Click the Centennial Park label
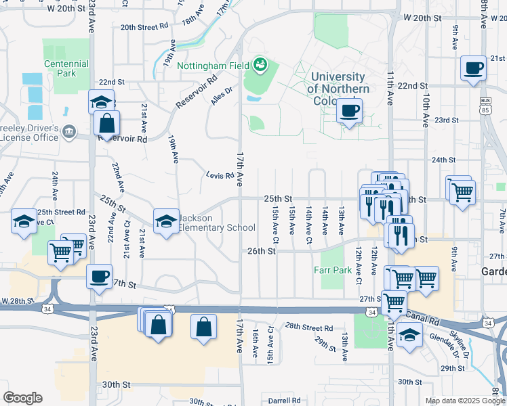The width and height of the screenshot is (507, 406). [x=66, y=68]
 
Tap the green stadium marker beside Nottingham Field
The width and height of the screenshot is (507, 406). [x=260, y=66]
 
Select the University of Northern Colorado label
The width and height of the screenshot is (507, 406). [x=338, y=89]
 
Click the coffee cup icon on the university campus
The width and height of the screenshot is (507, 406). [x=349, y=110]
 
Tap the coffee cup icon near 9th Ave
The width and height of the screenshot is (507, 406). [x=473, y=68]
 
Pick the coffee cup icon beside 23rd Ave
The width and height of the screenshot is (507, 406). [x=100, y=276]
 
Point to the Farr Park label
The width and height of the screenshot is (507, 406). [x=332, y=269]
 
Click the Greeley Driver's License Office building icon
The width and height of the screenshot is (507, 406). [x=68, y=131]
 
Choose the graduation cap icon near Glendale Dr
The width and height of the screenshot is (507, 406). [x=409, y=335]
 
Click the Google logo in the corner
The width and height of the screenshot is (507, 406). [x=23, y=397]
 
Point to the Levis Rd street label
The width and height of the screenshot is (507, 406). [x=220, y=176]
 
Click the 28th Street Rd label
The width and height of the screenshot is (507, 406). [x=308, y=328]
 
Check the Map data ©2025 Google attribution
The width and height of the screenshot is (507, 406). [x=465, y=401]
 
